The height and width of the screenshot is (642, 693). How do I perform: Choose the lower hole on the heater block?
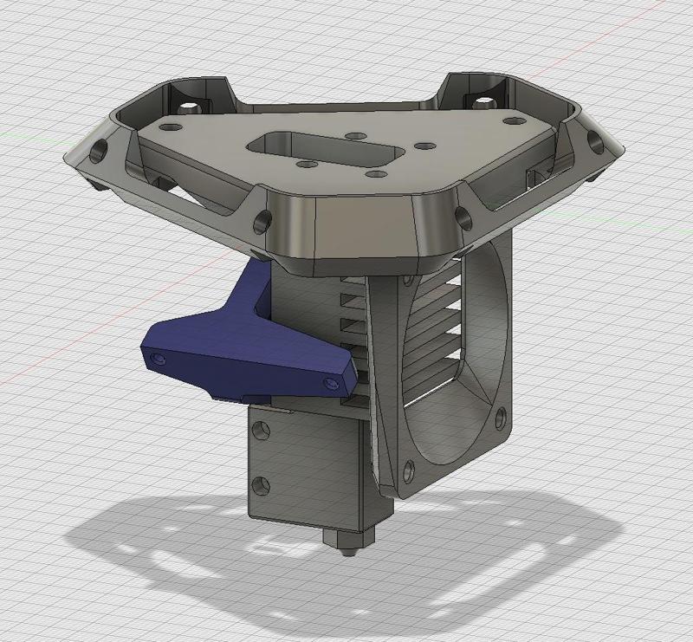(x=257, y=482)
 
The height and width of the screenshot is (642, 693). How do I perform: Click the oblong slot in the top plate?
(x=326, y=149)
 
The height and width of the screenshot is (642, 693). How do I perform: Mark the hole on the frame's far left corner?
(x=94, y=148)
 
